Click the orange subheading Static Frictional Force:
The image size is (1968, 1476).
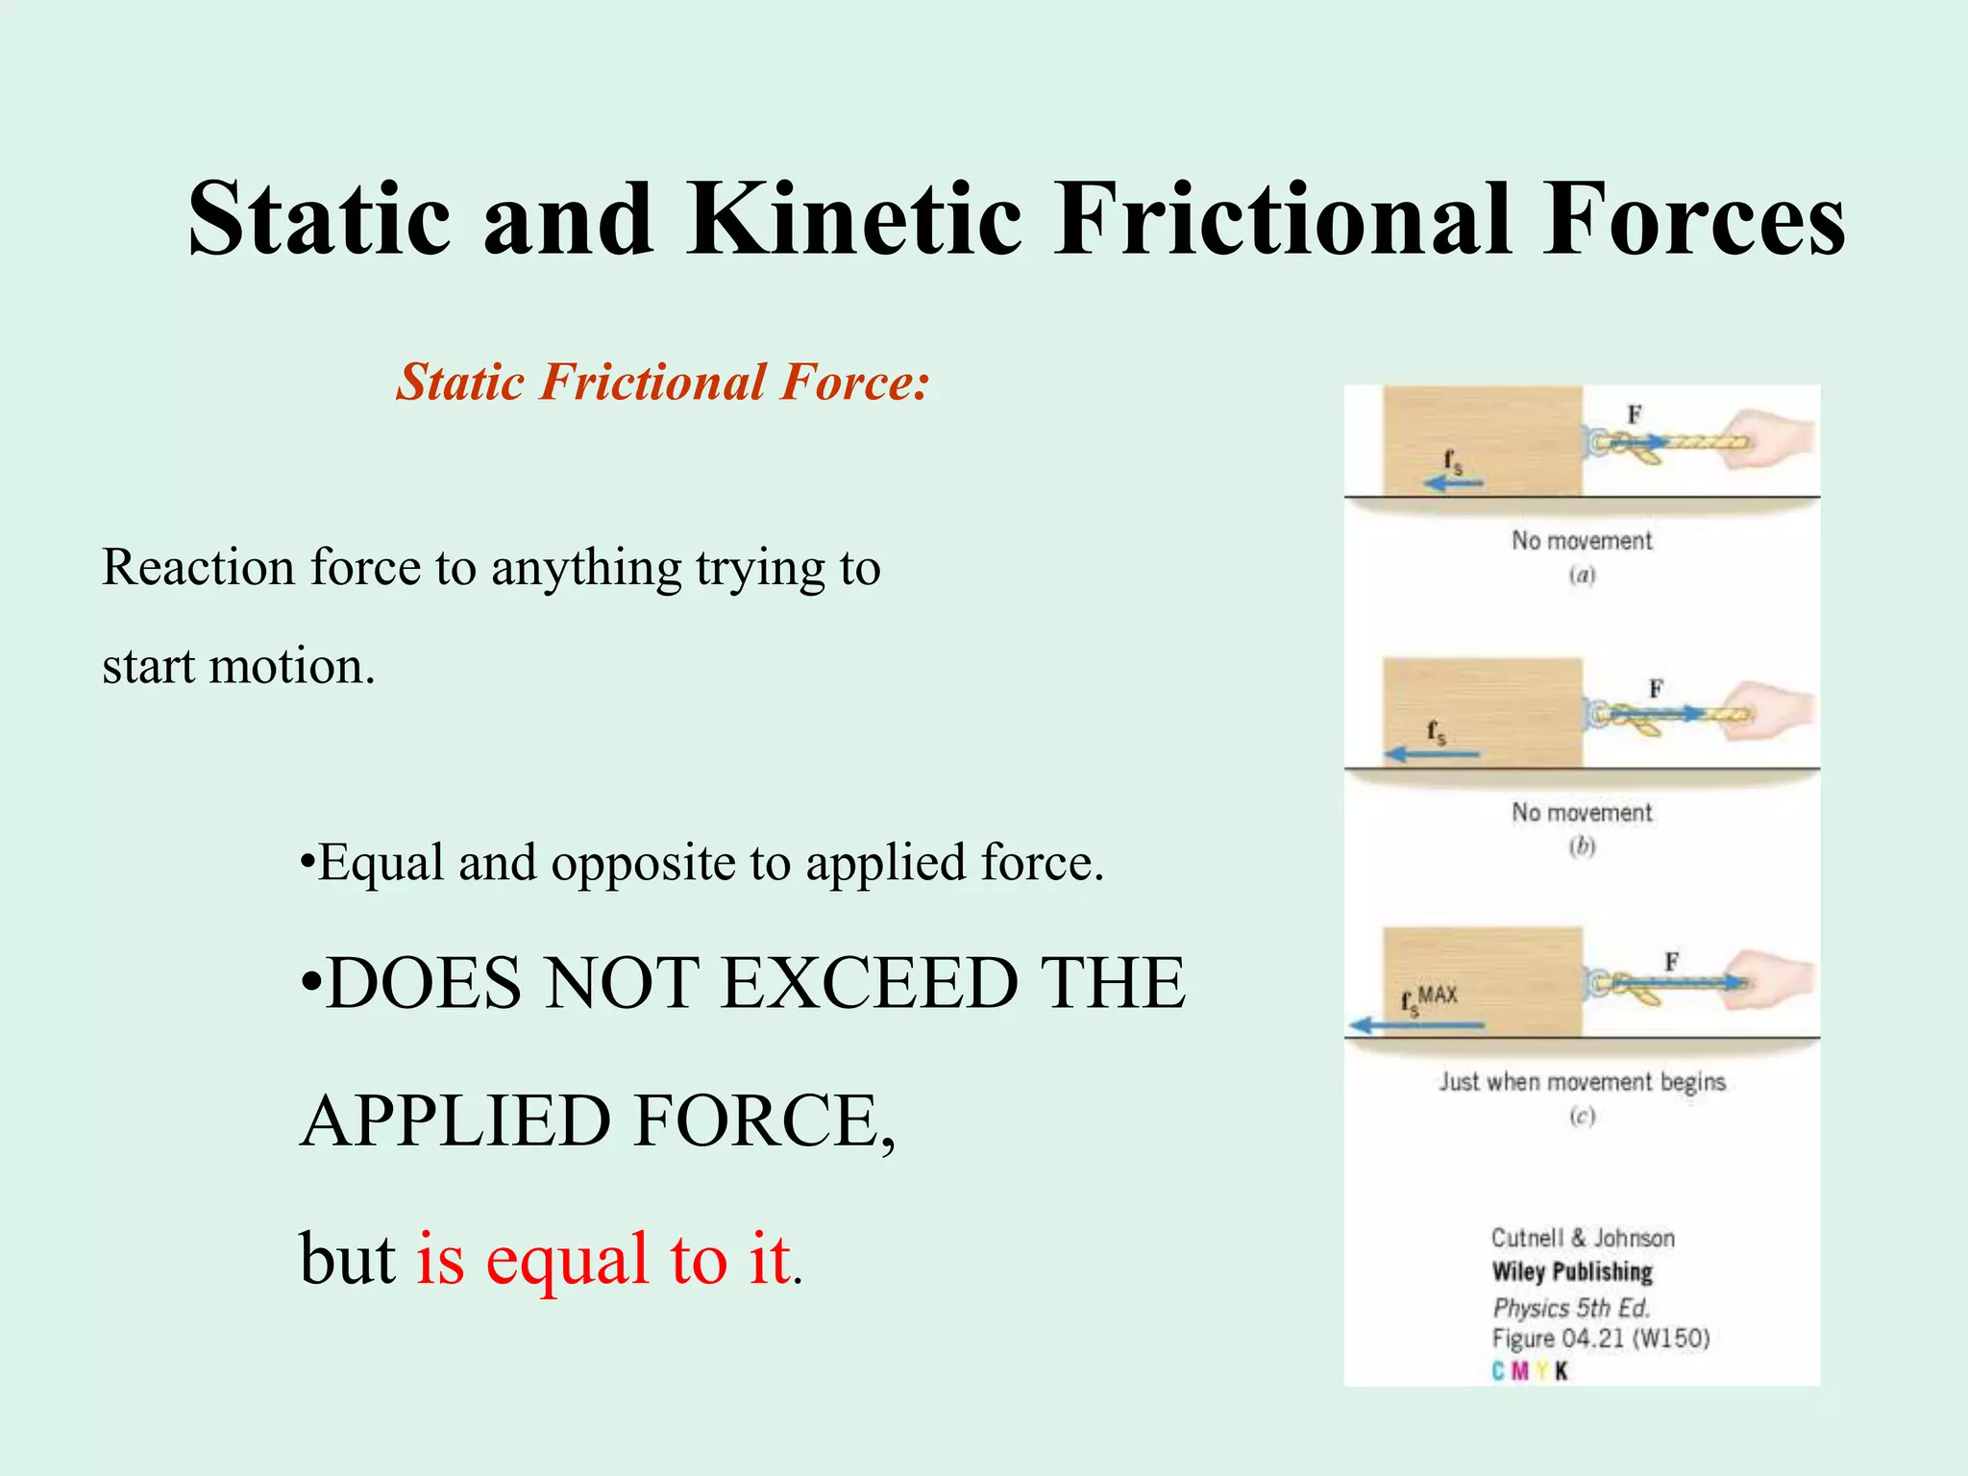click(663, 382)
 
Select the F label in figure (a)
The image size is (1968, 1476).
click(1635, 414)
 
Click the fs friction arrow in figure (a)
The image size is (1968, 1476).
click(1453, 482)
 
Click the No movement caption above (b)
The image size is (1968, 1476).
click(1582, 812)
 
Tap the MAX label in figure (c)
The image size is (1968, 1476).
click(1439, 995)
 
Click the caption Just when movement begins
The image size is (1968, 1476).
click(1582, 1082)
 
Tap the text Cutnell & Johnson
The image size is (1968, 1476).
click(1582, 1238)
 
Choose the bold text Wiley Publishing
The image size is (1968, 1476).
click(1572, 1271)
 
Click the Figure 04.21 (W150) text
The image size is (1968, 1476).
click(1600, 1339)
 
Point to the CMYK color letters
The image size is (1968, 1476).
click(1530, 1371)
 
